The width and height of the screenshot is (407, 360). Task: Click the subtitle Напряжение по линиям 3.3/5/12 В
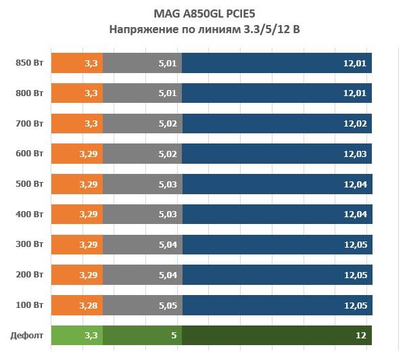(x=203, y=29)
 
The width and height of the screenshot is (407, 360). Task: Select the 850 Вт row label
(x=29, y=63)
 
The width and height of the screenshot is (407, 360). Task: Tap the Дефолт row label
(x=27, y=335)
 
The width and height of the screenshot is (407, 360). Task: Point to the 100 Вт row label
(x=29, y=305)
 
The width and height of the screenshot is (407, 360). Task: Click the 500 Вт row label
(x=29, y=184)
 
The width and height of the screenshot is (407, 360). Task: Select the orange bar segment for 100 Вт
(x=76, y=305)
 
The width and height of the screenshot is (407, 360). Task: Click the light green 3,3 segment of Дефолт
(x=76, y=335)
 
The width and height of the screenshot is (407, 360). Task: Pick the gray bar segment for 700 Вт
(x=142, y=124)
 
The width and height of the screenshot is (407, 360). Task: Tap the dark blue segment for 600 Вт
(x=277, y=154)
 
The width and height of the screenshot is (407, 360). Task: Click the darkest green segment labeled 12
(x=277, y=335)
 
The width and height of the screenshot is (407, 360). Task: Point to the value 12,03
(x=355, y=154)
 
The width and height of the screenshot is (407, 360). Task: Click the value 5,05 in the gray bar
(x=168, y=305)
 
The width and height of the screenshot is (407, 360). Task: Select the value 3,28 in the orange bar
(x=89, y=305)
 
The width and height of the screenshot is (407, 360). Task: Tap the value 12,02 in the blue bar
(x=355, y=124)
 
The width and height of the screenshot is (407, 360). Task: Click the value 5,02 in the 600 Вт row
(x=168, y=154)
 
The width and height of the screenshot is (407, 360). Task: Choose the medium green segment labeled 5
(x=142, y=335)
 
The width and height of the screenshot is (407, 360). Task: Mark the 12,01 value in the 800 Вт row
(x=355, y=93)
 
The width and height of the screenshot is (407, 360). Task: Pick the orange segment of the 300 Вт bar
(x=76, y=244)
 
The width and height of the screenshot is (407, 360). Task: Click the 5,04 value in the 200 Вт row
(x=168, y=275)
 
